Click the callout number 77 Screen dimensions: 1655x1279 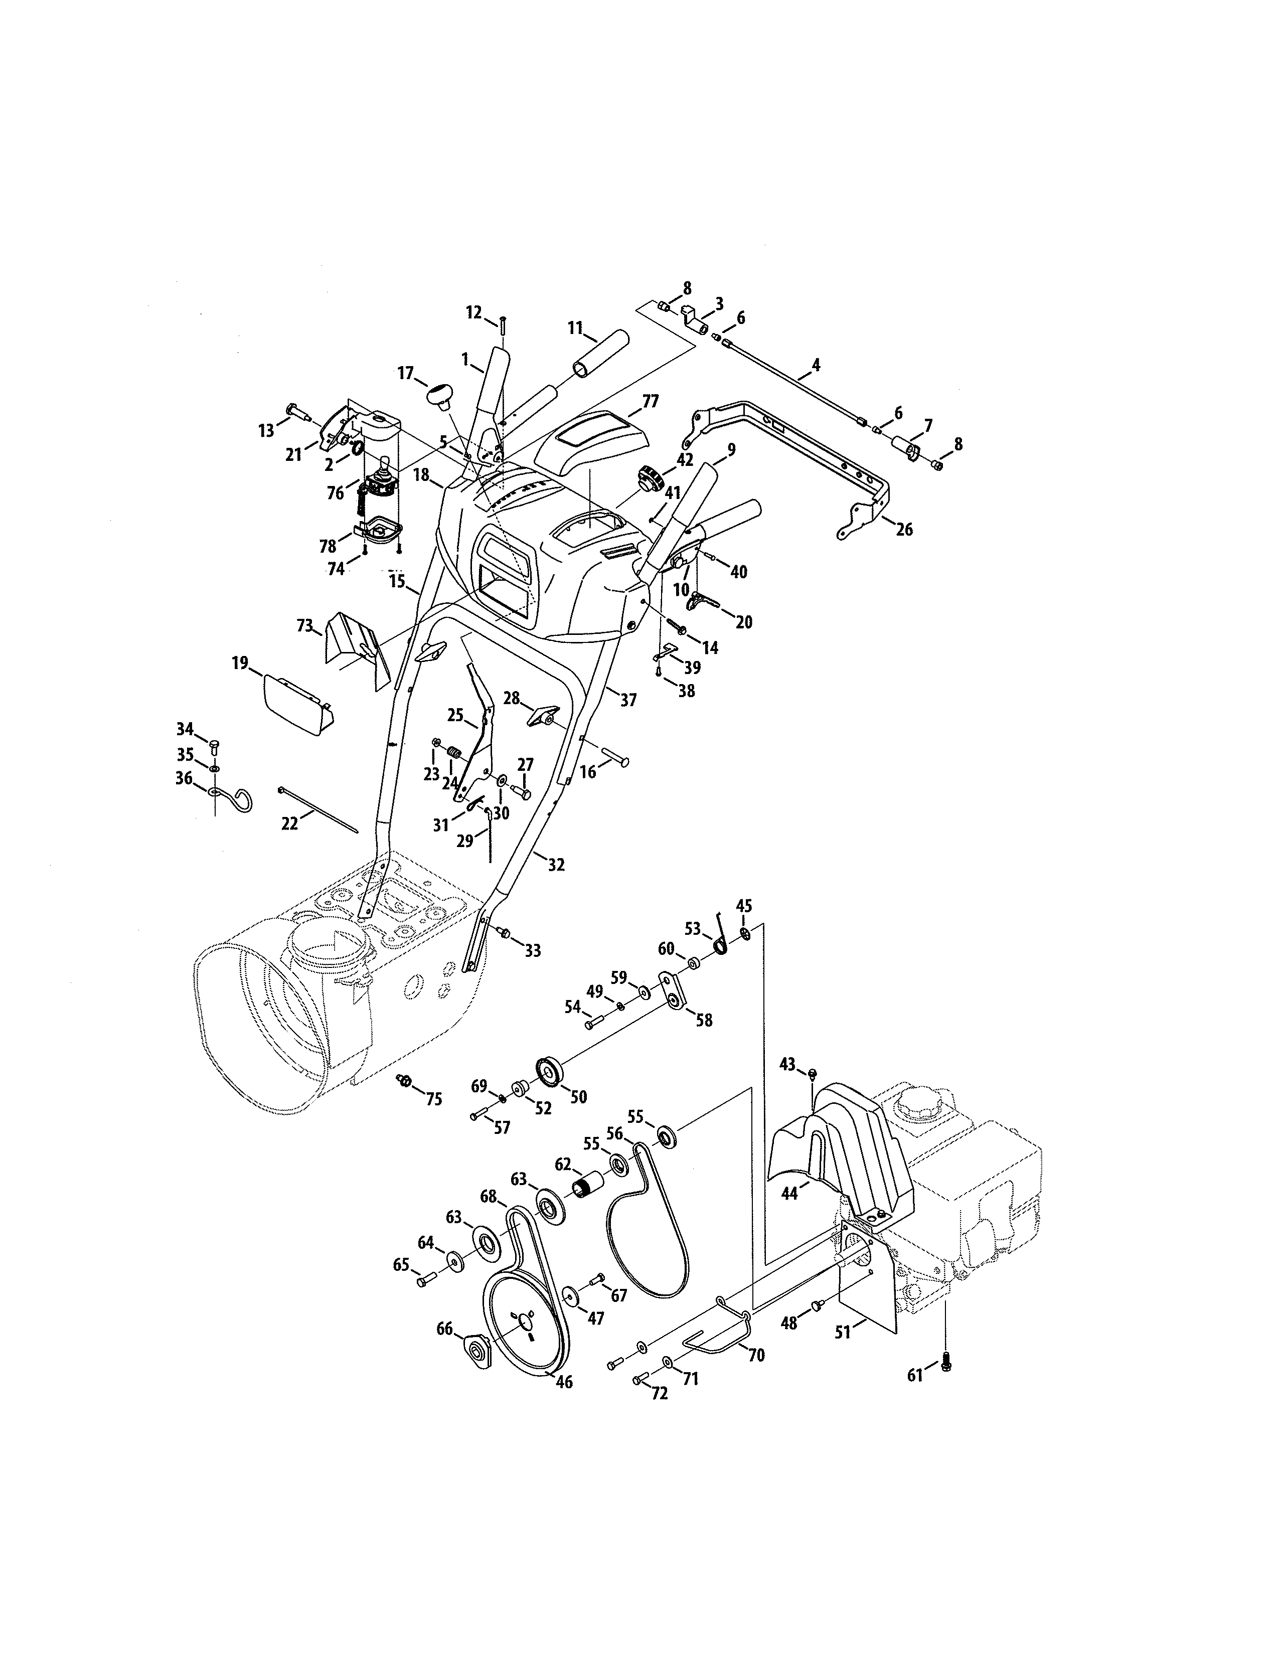tap(650, 401)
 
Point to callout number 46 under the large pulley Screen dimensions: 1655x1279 tap(564, 1382)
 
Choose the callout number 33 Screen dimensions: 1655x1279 tap(533, 950)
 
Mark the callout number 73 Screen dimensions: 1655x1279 tap(304, 626)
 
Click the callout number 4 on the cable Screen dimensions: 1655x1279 tap(815, 365)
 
